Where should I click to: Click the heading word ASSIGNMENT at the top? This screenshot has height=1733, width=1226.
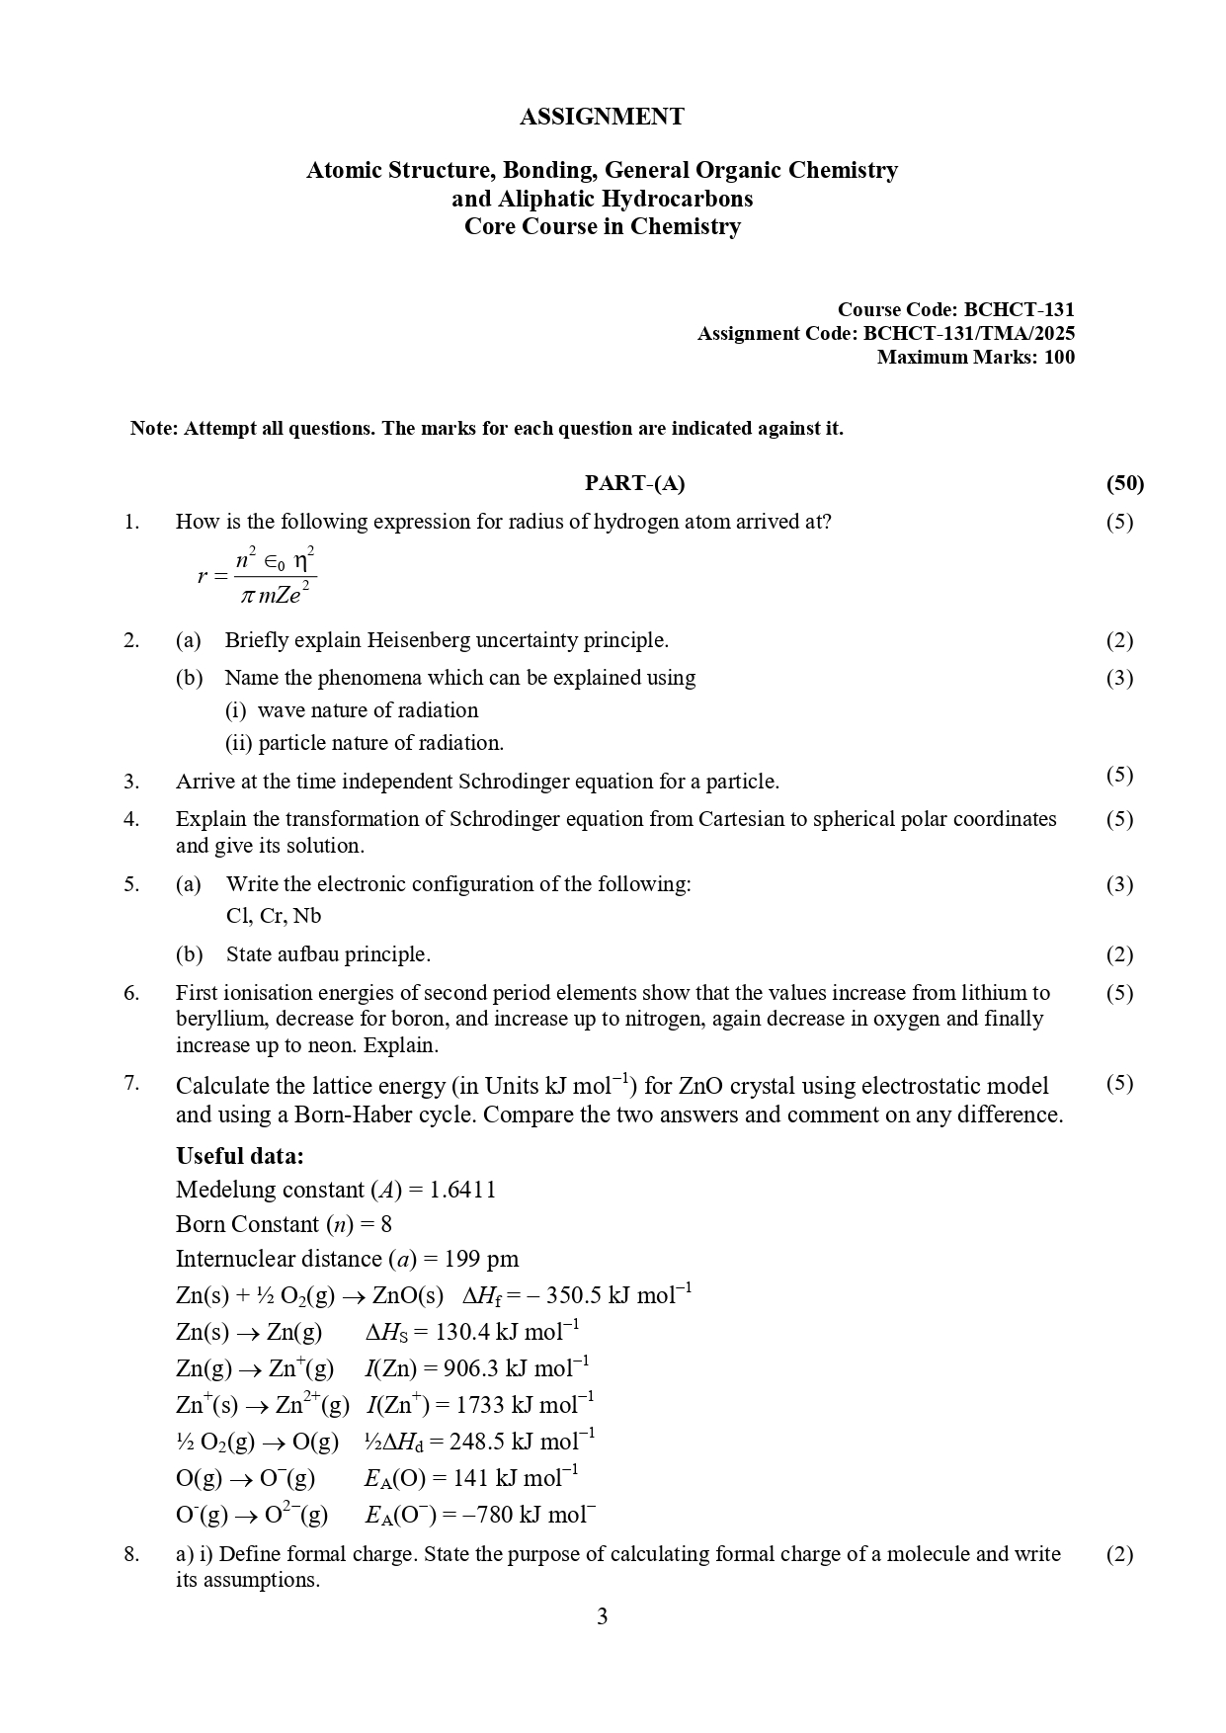pyautogui.click(x=602, y=117)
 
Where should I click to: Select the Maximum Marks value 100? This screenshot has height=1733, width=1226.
pyautogui.click(x=1059, y=358)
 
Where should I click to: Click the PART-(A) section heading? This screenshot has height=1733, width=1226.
pyautogui.click(x=634, y=483)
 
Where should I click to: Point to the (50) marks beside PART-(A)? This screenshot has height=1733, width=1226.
pyautogui.click(x=1124, y=483)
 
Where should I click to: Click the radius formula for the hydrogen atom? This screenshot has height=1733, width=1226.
pyautogui.click(x=258, y=574)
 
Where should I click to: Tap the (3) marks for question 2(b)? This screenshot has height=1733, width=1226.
pyautogui.click(x=1119, y=678)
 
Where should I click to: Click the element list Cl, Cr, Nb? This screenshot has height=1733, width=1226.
pyautogui.click(x=274, y=916)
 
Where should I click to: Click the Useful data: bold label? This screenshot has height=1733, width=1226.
pyautogui.click(x=240, y=1156)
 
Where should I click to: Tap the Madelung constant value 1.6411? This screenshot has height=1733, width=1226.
pyautogui.click(x=462, y=1191)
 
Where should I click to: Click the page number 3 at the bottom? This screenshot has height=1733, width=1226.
pyautogui.click(x=603, y=1617)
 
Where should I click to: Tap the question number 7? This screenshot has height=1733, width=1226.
pyautogui.click(x=132, y=1084)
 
